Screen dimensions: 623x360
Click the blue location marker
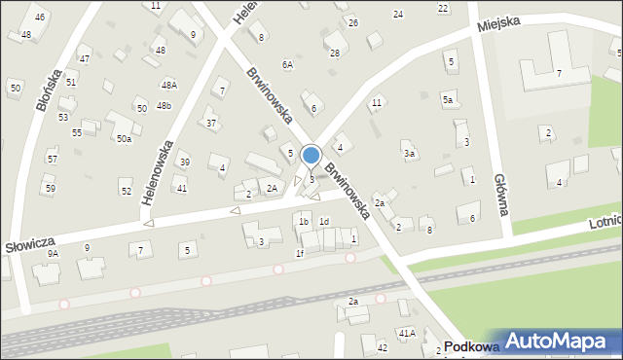point(311,156)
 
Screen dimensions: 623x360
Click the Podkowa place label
point(470,346)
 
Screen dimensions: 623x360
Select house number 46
point(39,18)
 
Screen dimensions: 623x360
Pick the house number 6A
point(287,65)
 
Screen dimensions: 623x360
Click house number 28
point(335,53)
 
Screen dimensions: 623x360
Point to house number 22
point(443,9)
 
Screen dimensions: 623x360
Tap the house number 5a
point(449,99)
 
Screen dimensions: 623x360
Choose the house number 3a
point(410,154)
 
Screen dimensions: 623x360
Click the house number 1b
point(304,222)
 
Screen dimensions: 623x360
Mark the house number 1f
point(300,254)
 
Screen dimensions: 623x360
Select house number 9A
point(54,253)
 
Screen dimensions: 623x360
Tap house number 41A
point(406,333)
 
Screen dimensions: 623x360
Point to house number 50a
point(124,139)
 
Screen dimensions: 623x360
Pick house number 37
point(211,123)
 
